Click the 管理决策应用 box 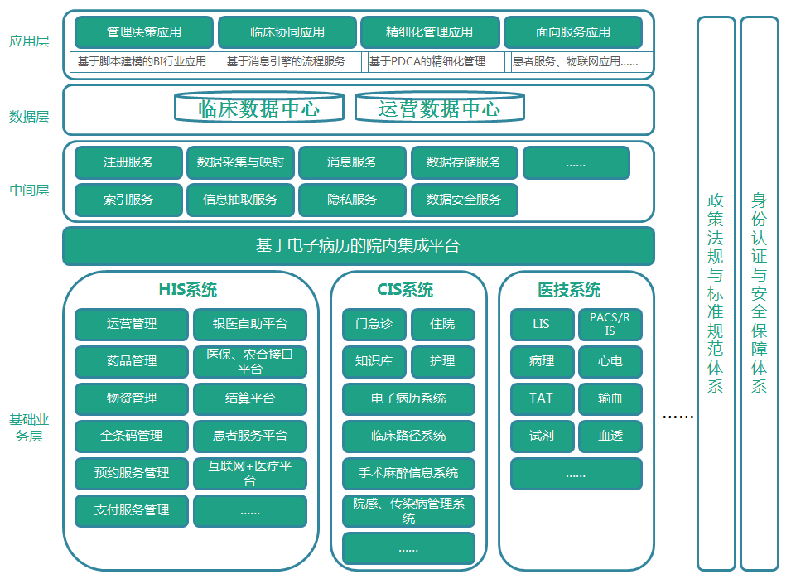(x=144, y=32)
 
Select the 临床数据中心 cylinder (x=259, y=108)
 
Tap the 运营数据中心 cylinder (x=440, y=108)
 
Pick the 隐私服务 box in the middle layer (x=352, y=200)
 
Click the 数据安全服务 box (x=464, y=200)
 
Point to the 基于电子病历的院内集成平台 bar (x=358, y=246)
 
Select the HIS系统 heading (x=188, y=290)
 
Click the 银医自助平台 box (x=249, y=324)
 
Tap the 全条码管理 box (x=131, y=436)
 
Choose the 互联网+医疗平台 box (x=249, y=473)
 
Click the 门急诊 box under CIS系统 (x=374, y=324)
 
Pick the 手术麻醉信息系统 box (x=408, y=473)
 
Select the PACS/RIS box (x=610, y=324)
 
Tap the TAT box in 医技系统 (x=542, y=398)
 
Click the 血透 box (x=610, y=436)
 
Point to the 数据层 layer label (x=29, y=117)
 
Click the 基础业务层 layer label (x=29, y=427)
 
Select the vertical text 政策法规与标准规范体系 (x=716, y=292)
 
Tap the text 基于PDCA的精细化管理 (x=427, y=61)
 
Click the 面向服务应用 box (x=573, y=32)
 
